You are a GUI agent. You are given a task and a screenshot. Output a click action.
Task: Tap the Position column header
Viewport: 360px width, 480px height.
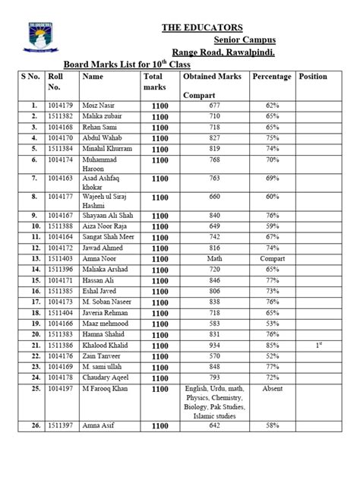click(313, 77)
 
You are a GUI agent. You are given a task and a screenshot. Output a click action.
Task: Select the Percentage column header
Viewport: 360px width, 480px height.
click(271, 77)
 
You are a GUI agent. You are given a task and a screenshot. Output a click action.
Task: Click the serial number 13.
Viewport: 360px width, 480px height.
click(34, 259)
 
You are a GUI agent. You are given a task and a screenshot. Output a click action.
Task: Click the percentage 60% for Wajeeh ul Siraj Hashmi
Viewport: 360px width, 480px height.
click(271, 197)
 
